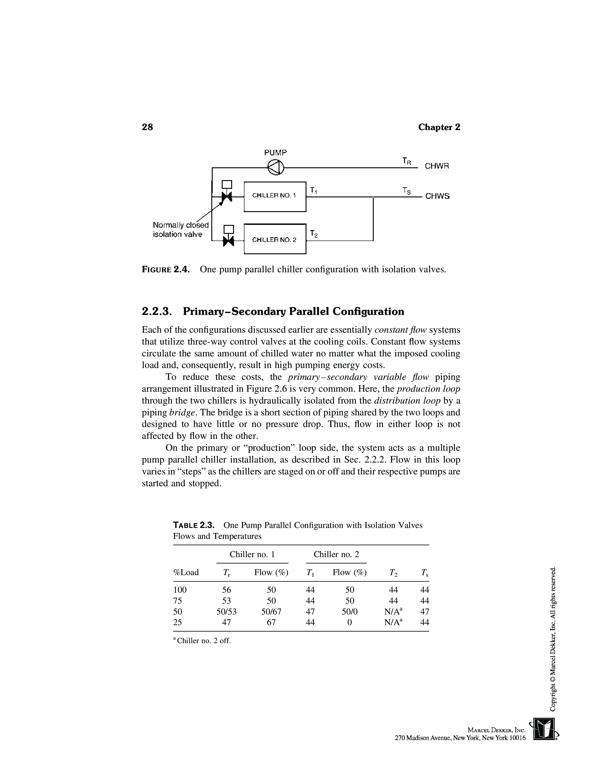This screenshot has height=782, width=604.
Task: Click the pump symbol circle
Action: pyautogui.click(x=275, y=168)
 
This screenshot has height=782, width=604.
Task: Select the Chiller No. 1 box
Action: pyautogui.click(x=275, y=196)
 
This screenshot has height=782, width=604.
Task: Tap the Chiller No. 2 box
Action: pyautogui.click(x=275, y=239)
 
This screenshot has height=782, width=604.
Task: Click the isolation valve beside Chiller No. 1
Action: pyautogui.click(x=227, y=196)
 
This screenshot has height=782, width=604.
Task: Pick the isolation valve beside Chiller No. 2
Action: pyautogui.click(x=228, y=241)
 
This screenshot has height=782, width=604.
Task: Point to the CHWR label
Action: pyautogui.click(x=437, y=166)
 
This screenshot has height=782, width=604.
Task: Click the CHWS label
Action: pyautogui.click(x=437, y=196)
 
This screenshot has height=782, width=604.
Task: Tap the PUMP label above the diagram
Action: pyautogui.click(x=275, y=153)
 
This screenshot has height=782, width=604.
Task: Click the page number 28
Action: pyautogui.click(x=147, y=127)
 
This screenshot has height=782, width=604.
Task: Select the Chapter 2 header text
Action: pyautogui.click(x=439, y=127)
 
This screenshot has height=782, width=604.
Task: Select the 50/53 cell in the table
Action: pyautogui.click(x=226, y=612)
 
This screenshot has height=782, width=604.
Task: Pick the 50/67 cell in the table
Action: pyautogui.click(x=271, y=612)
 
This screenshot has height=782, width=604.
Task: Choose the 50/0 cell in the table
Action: pyautogui.click(x=350, y=612)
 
